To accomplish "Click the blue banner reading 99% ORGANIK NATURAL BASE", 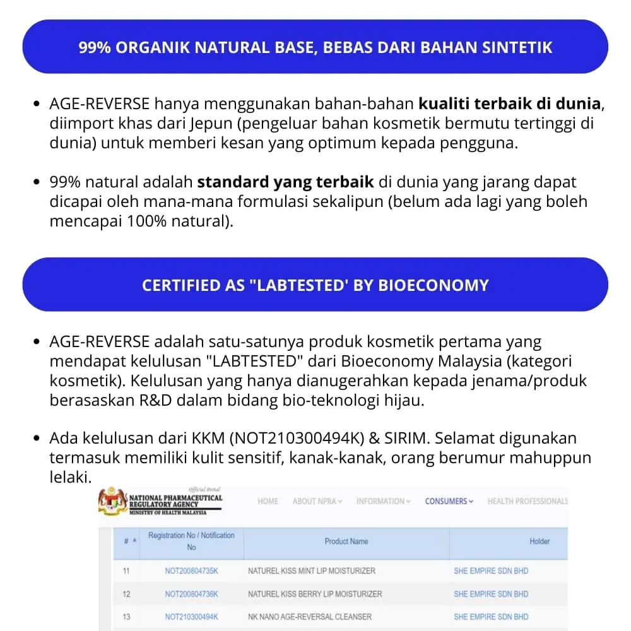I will coord(315,47).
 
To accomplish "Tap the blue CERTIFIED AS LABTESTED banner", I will coord(315,285).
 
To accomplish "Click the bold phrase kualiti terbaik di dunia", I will coord(509,103).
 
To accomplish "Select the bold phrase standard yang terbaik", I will coord(286,182).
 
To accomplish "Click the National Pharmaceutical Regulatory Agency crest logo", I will coord(112,502).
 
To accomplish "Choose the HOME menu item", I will coord(268,502).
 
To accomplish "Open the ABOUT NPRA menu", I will coord(317,502).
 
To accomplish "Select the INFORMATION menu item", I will coord(383,502).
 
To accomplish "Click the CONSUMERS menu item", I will coord(448,502).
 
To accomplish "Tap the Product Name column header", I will coord(346,541).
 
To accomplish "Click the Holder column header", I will coord(540,541).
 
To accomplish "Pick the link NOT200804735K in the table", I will coord(191,571).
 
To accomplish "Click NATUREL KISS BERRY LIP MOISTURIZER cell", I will coord(315,594).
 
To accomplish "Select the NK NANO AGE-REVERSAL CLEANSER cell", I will coord(310,616).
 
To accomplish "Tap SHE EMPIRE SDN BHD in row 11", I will coord(491,571).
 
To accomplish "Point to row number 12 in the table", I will coord(126,594).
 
